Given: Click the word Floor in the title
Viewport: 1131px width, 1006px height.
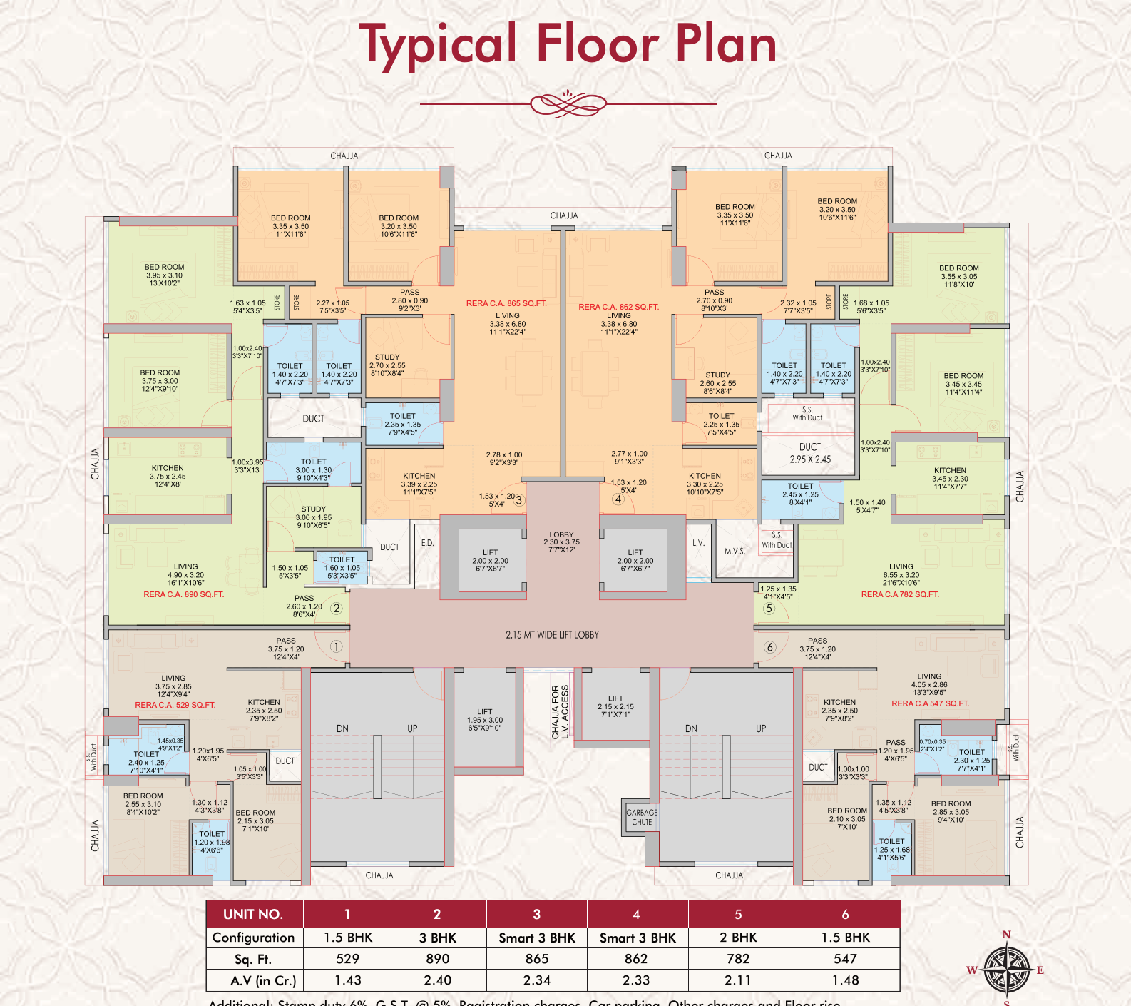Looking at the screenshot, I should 598,44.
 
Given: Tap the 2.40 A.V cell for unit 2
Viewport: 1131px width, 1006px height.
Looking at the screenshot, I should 437,980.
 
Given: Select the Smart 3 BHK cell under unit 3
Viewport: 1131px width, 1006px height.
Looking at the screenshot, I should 536,938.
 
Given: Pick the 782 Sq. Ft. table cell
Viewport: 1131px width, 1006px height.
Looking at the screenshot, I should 738,959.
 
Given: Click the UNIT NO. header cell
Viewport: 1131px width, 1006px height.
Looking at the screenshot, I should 253,914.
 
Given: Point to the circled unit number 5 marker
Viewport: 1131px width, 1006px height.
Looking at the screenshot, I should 769,609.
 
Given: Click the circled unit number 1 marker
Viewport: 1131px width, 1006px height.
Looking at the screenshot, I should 336,646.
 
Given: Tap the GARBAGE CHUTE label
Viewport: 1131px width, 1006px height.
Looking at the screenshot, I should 642,817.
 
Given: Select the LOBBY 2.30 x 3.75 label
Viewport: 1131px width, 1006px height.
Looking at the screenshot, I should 561,542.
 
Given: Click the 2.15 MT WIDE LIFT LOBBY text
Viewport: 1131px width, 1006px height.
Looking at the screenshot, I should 552,634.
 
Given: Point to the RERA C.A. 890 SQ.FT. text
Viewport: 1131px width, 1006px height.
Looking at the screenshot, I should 184,594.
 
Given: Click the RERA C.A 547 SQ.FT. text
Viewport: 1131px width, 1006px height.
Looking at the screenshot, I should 930,703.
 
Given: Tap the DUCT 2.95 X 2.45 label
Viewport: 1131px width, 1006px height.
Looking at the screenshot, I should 809,453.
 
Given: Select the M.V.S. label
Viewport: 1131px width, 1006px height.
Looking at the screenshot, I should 735,551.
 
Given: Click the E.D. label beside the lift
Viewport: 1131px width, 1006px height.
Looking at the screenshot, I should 427,543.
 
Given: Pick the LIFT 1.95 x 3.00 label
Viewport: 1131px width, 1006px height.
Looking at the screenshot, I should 485,719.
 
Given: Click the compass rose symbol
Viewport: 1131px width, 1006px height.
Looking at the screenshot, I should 1006,970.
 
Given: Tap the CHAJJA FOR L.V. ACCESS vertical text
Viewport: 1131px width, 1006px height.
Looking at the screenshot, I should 560,711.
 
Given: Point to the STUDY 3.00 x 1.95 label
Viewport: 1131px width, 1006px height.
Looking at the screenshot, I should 313,517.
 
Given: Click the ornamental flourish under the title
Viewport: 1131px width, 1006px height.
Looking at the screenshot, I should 568,104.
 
